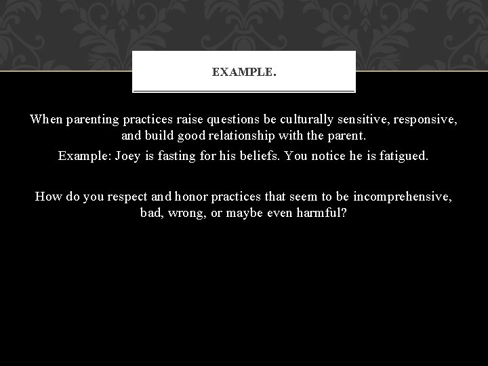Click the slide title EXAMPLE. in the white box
click(x=244, y=71)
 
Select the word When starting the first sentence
click(x=45, y=119)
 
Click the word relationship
click(x=260, y=136)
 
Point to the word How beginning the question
click(x=49, y=197)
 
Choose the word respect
click(x=122, y=197)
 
